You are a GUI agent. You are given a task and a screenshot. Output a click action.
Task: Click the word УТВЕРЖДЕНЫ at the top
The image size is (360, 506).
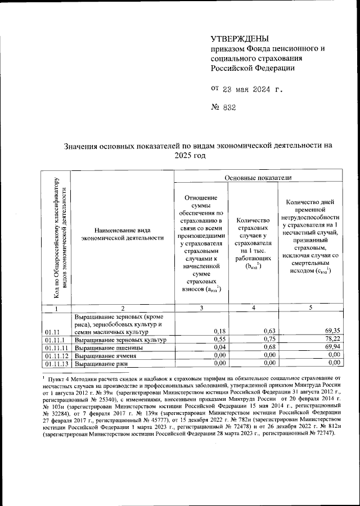click(x=240, y=38)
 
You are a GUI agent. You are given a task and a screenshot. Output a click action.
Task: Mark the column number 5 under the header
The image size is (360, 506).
click(x=310, y=308)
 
